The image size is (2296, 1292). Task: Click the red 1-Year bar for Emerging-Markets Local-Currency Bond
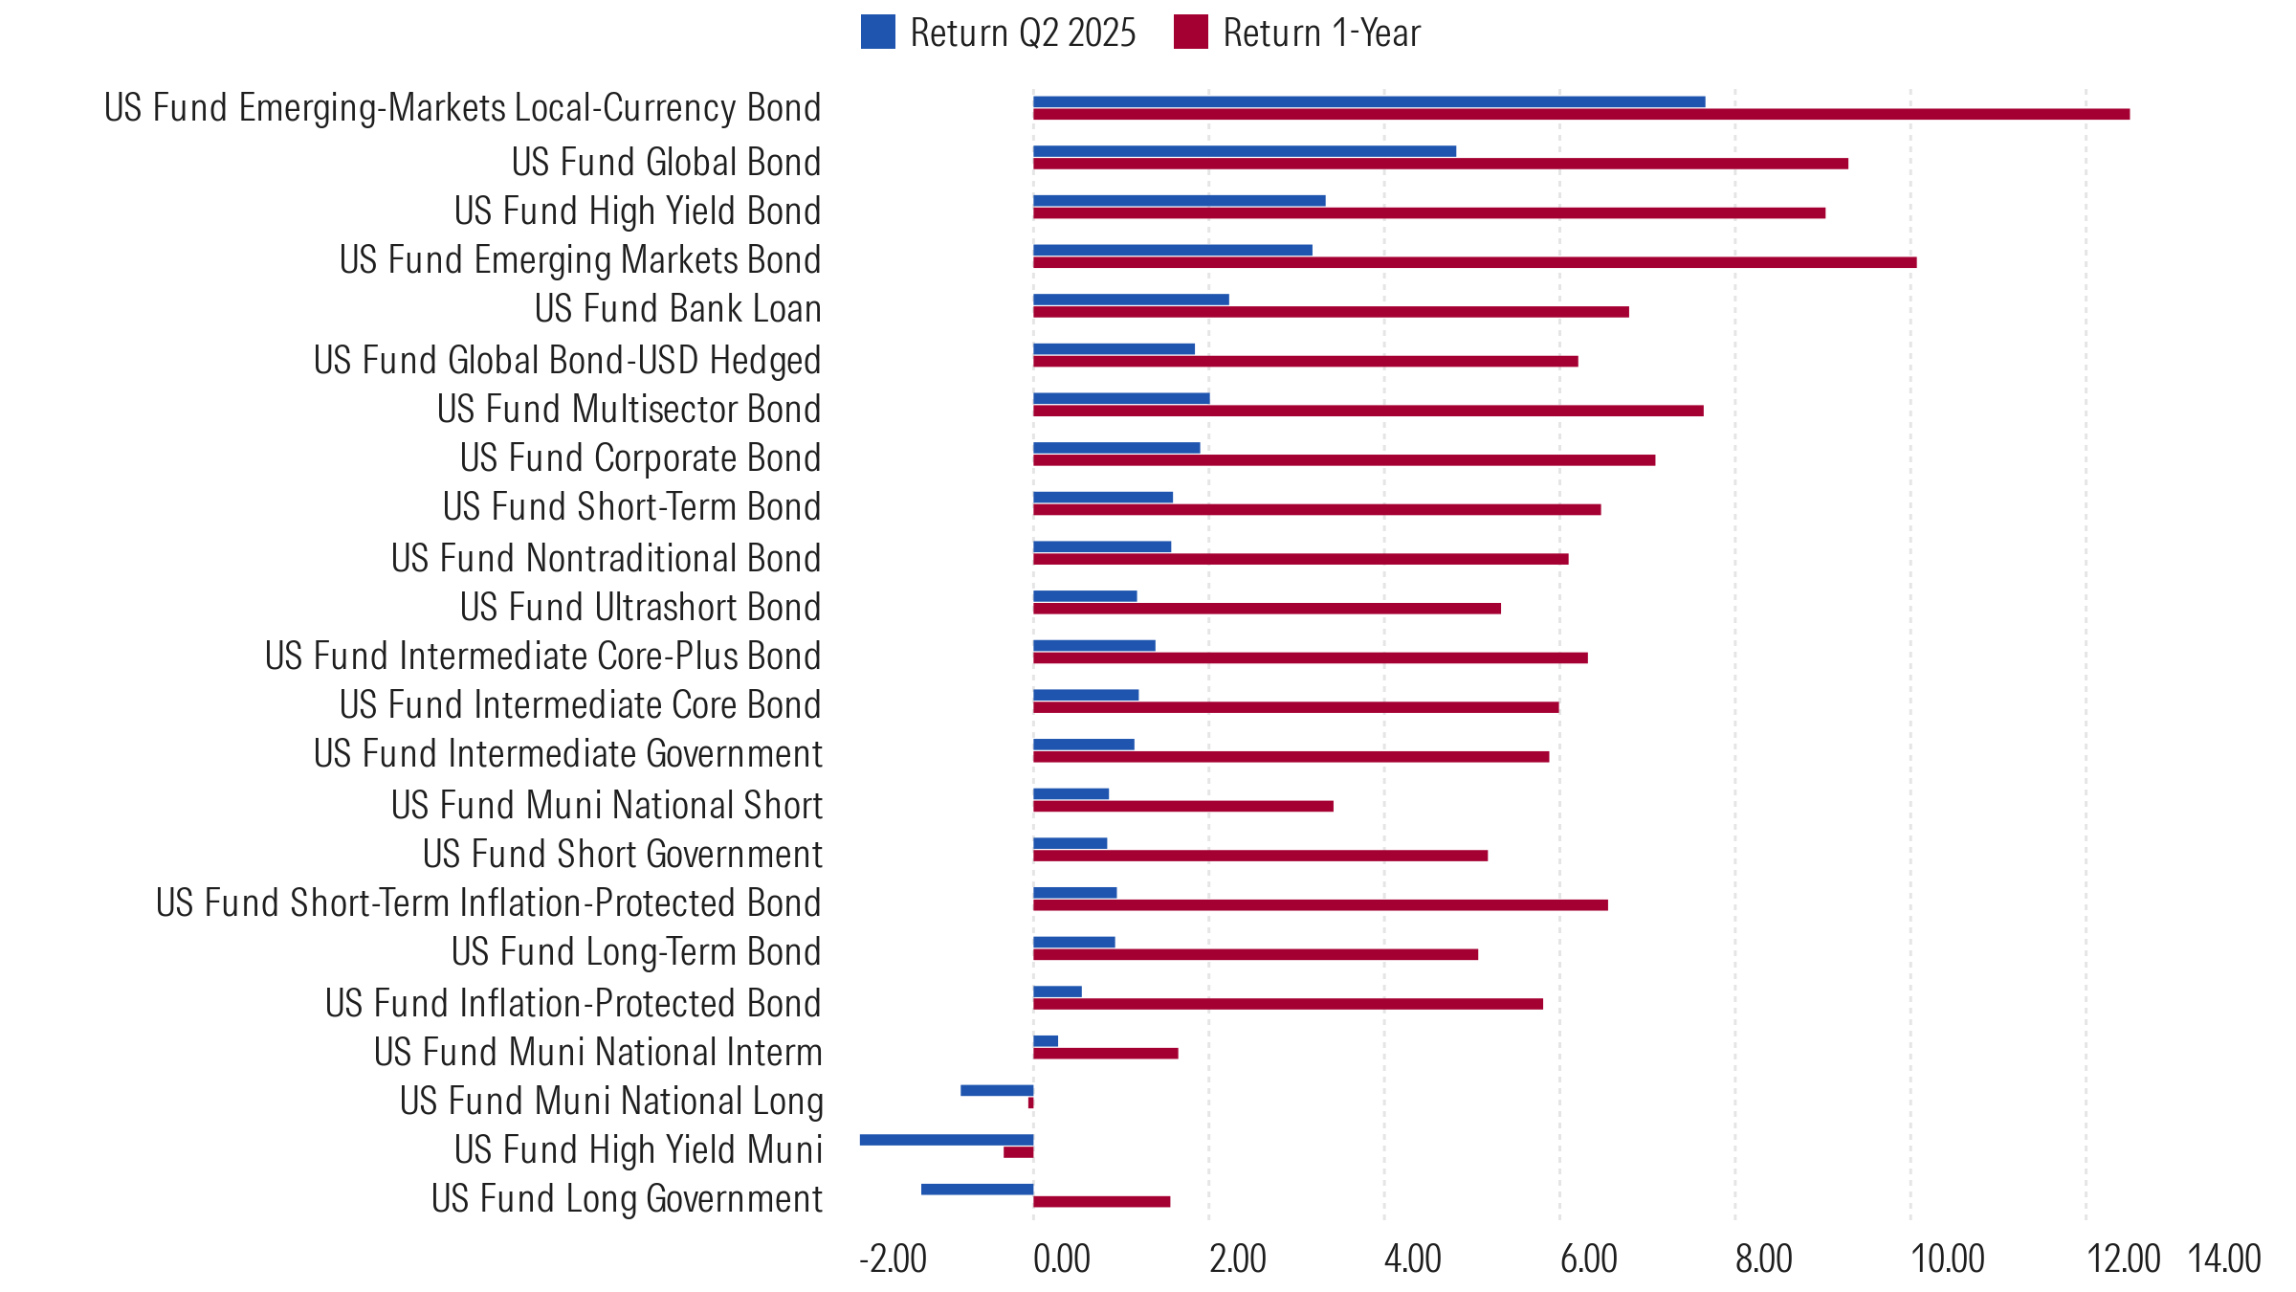click(x=1578, y=115)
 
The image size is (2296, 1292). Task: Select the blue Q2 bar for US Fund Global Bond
click(x=1244, y=151)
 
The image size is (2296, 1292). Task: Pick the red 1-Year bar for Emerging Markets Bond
click(x=1473, y=262)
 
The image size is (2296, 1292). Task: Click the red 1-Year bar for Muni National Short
click(x=1182, y=807)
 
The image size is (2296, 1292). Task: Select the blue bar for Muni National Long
click(x=996, y=1091)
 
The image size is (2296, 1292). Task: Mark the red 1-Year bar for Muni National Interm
click(x=1105, y=1054)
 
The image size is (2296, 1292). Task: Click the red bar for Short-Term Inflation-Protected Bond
click(x=1320, y=905)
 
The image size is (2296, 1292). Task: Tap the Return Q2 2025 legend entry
click(x=1000, y=33)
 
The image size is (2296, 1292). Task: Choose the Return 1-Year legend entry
click(x=1298, y=33)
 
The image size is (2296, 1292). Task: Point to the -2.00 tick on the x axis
click(x=893, y=1259)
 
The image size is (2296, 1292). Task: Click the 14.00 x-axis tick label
click(x=2224, y=1259)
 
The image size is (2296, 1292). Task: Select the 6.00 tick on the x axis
click(x=1588, y=1259)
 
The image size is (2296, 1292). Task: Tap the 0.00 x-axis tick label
click(x=1061, y=1259)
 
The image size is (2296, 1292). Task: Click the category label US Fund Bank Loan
click(x=677, y=309)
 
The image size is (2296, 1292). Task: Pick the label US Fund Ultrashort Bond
click(x=640, y=608)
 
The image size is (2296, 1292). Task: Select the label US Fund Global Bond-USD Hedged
click(x=567, y=361)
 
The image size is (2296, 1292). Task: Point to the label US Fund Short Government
click(x=622, y=855)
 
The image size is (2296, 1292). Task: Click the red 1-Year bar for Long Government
click(x=1101, y=1202)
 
